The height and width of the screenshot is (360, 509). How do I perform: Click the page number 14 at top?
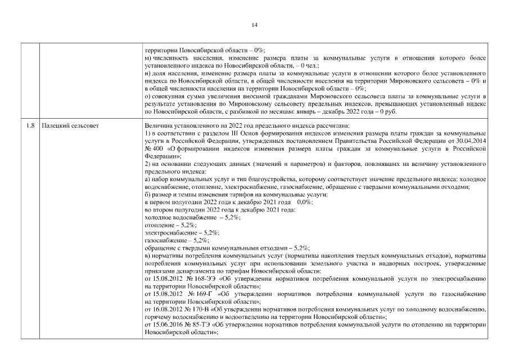coord(254,25)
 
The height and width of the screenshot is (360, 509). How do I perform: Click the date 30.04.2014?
coord(471,141)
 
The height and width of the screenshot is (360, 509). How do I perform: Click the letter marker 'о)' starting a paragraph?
coord(148,96)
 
